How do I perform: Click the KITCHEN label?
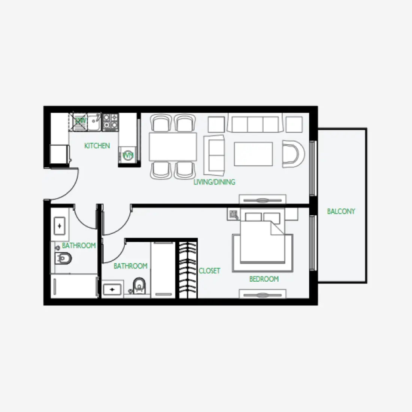[x=97, y=146]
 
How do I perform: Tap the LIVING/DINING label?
[x=214, y=182]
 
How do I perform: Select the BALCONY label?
[x=341, y=211]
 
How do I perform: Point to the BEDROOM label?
[x=264, y=279]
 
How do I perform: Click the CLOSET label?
[x=209, y=271]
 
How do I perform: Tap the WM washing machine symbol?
[x=128, y=155]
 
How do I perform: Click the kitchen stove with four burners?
[x=110, y=122]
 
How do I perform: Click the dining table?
[x=173, y=146]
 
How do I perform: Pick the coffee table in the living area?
[x=254, y=154]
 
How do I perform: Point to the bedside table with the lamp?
[x=234, y=215]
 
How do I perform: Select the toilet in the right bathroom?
[x=139, y=285]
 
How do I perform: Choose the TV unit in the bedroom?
[x=263, y=295]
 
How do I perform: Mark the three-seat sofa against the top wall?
[x=255, y=124]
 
